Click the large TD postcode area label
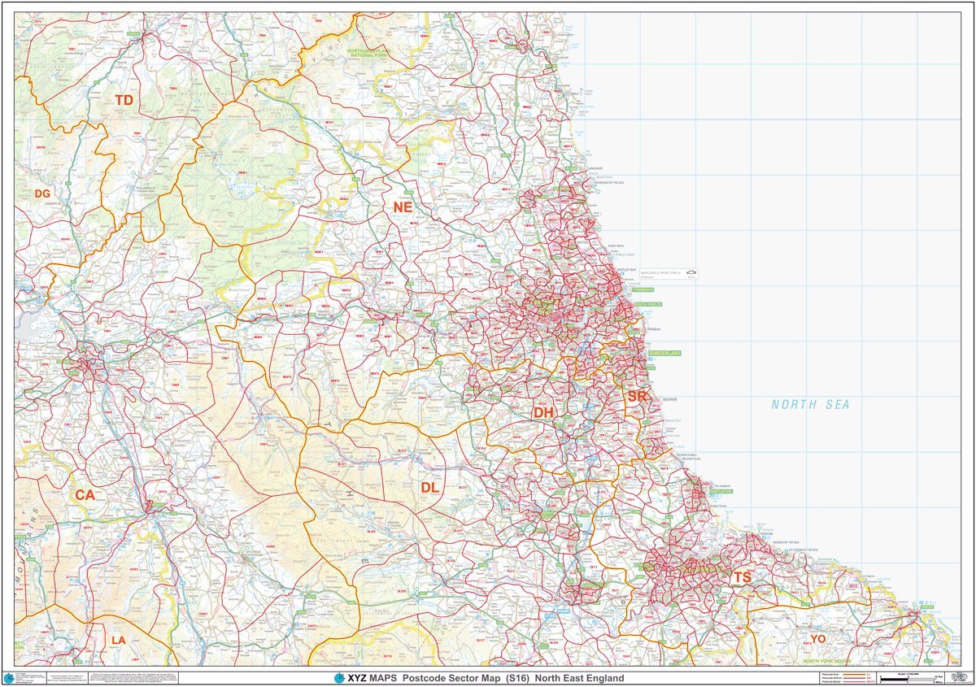[124, 100]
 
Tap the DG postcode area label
[42, 193]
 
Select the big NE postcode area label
[403, 207]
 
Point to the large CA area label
[85, 494]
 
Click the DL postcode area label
[429, 487]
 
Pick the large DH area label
[543, 413]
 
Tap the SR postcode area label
[637, 396]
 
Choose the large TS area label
[742, 577]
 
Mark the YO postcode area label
[817, 639]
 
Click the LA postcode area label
[119, 640]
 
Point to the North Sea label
[810, 404]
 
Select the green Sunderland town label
[664, 354]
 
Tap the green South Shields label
[647, 304]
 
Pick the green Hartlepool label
[721, 491]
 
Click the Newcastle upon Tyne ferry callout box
[668, 274]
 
